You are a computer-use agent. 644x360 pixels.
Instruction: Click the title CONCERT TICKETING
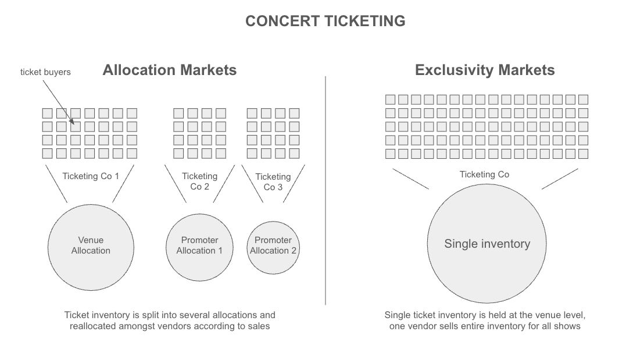325,22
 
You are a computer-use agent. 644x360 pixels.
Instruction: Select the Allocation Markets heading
170,70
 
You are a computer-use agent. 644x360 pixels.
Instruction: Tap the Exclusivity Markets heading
485,70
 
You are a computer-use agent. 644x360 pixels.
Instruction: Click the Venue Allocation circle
91,245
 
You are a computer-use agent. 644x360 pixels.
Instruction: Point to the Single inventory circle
487,244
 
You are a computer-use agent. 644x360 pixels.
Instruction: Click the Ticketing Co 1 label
91,176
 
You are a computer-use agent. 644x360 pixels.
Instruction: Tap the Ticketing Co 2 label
199,181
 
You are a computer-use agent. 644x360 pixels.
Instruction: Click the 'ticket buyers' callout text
45,72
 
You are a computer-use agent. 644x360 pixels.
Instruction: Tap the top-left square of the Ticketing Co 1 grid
47,113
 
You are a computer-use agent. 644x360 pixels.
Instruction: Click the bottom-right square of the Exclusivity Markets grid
583,154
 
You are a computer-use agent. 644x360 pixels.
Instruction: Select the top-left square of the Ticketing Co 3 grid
252,113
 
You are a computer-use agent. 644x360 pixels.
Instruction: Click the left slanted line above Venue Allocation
56,184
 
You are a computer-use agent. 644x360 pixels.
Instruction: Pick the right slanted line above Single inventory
560,179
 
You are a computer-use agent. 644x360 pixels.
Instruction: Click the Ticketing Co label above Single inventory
484,174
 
